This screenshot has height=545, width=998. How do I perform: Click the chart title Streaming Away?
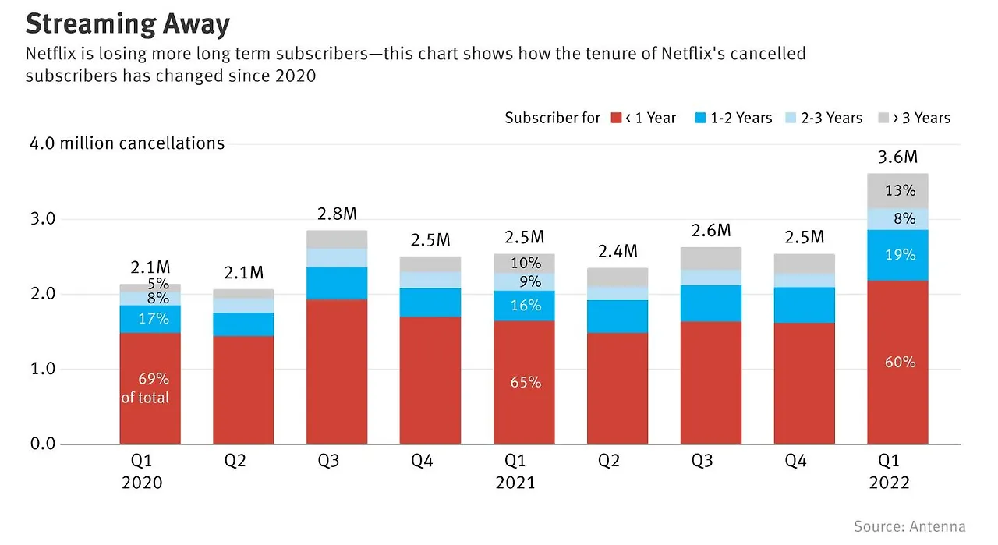click(128, 23)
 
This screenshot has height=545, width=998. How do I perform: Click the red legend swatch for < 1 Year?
click(616, 118)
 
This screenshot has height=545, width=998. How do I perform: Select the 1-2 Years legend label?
click(741, 118)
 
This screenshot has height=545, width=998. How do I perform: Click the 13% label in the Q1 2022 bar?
click(900, 190)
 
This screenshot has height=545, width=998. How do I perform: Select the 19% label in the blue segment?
click(900, 255)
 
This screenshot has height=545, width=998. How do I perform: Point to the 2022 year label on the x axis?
click(890, 483)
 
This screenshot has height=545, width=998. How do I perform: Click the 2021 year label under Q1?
click(515, 483)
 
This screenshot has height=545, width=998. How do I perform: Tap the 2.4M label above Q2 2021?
click(618, 251)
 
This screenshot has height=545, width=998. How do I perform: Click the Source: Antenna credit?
click(909, 526)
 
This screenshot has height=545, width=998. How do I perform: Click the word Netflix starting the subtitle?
click(51, 55)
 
